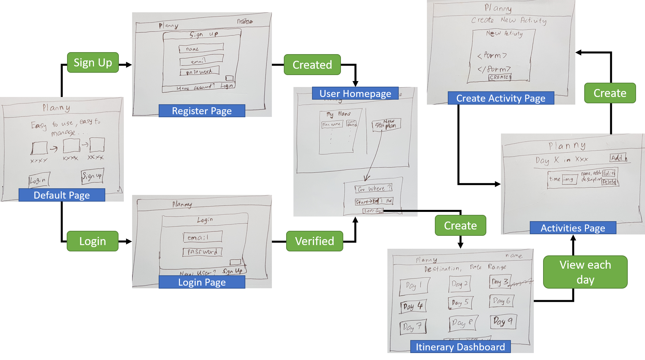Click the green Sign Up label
(93, 62)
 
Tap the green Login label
(92, 241)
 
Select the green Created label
(312, 65)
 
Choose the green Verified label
(314, 241)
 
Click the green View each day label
(585, 272)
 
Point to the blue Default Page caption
(62, 195)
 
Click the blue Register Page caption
(202, 111)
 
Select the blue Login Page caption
(202, 282)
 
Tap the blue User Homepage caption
(355, 94)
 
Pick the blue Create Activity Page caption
(501, 98)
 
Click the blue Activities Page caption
(573, 228)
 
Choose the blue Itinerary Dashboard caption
(460, 347)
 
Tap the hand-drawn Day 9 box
(503, 321)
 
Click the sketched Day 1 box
(414, 285)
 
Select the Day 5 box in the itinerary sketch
(460, 303)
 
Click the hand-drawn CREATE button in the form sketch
(500, 77)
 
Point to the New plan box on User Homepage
(386, 125)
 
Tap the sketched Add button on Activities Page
(618, 158)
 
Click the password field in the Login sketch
(202, 252)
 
